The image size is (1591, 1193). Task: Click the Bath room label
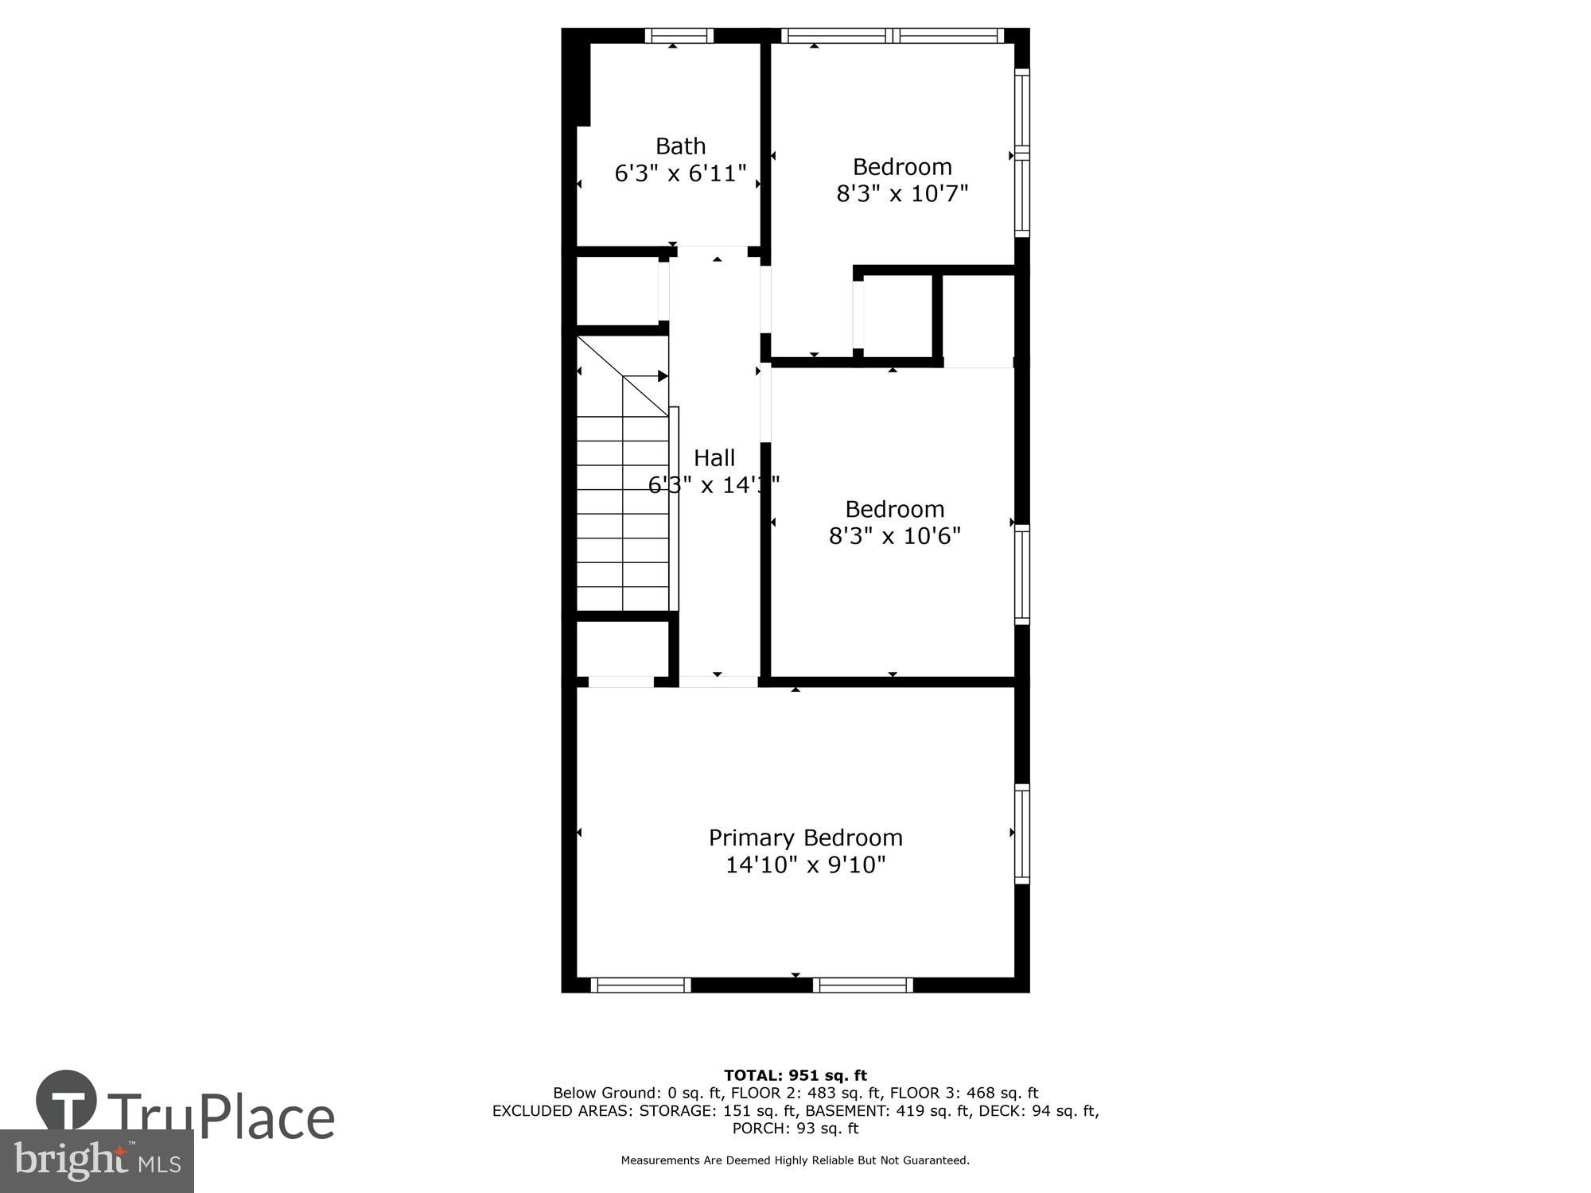pyautogui.click(x=680, y=146)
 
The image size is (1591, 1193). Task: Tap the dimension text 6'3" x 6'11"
pyautogui.click(x=680, y=173)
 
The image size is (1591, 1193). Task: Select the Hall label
pyautogui.click(x=714, y=458)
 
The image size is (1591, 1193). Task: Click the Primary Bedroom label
pyautogui.click(x=805, y=837)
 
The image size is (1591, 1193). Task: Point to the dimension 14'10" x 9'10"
pyautogui.click(x=805, y=865)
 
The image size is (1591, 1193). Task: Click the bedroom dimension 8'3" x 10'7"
pyautogui.click(x=901, y=193)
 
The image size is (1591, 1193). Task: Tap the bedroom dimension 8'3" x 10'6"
pyautogui.click(x=894, y=536)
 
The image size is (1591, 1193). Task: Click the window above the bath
pyautogui.click(x=678, y=35)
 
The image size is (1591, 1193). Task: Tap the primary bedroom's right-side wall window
pyautogui.click(x=1021, y=833)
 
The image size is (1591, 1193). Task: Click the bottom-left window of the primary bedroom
pyautogui.click(x=640, y=985)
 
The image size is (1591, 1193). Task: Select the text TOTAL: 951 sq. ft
pyautogui.click(x=795, y=1076)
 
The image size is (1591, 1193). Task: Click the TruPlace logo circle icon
pyautogui.click(x=67, y=1101)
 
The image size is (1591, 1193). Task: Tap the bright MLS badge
pyautogui.click(x=96, y=1161)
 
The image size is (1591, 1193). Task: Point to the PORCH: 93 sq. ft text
pyautogui.click(x=795, y=1129)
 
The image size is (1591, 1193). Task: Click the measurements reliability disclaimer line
pyautogui.click(x=795, y=1160)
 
